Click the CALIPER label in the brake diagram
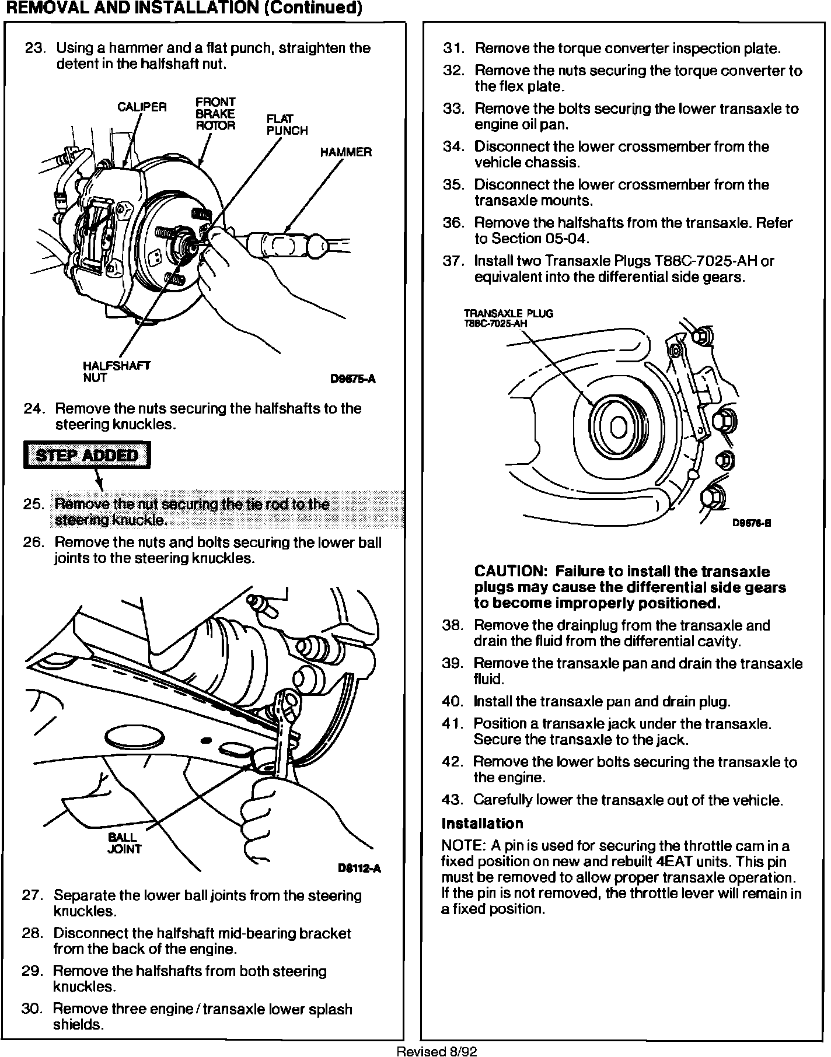pos(142,107)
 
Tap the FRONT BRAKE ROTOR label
pos(215,114)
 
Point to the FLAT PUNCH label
pos(287,125)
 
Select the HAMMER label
pos(345,152)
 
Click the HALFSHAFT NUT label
pos(116,372)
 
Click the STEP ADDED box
pos(87,455)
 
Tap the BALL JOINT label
pos(124,843)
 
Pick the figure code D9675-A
pos(352,379)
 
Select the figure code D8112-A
pos(359,869)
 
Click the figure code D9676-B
pos(752,523)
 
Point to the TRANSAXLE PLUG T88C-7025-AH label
pos(508,318)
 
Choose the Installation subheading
pos(482,824)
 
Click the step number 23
pos(35,48)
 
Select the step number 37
pos(453,261)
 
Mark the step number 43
pos(453,800)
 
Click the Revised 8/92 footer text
pos(437,1051)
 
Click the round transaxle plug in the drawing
pos(617,428)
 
